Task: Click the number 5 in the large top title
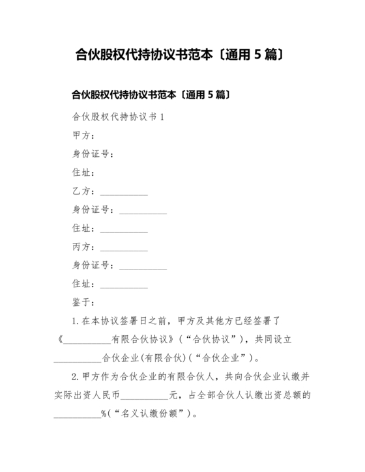point(257,55)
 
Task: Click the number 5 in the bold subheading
point(211,95)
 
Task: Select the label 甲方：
point(83,135)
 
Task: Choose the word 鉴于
point(83,302)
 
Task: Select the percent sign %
point(103,413)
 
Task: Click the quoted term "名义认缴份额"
point(150,413)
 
